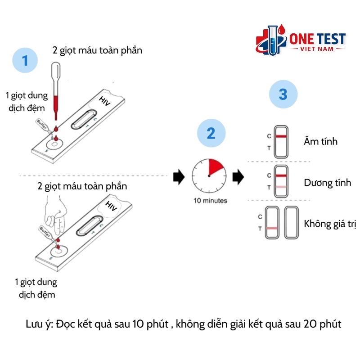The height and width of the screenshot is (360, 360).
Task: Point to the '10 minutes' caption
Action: point(210,201)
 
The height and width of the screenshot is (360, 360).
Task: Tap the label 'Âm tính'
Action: point(321,141)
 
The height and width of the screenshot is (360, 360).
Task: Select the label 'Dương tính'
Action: point(327,183)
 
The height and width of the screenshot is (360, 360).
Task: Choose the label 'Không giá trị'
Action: point(330,224)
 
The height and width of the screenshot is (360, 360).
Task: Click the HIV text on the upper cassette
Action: point(104,102)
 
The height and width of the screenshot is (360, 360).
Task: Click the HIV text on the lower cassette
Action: point(111,206)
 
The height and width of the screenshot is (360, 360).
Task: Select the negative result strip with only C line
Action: point(281,141)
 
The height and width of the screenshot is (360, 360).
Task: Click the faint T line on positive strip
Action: point(281,187)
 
